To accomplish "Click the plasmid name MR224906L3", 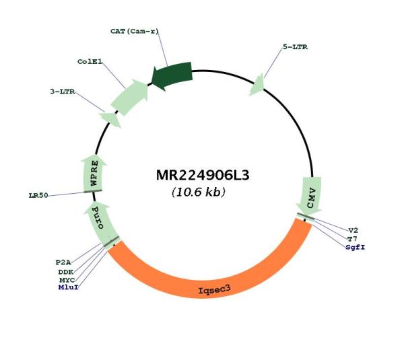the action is tap(203, 176).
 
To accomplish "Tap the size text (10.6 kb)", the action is tap(199, 192).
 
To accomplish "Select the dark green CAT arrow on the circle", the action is tap(172, 76).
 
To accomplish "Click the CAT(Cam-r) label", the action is tap(135, 32).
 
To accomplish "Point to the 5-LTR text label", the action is tap(296, 47).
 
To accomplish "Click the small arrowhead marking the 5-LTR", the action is tap(257, 85).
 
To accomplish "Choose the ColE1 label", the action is tap(90, 62).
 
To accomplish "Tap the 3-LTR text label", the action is tap(63, 92).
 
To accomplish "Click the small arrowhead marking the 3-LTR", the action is tap(111, 119).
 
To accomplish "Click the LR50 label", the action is tap(38, 195).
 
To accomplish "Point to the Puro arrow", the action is tap(100, 223).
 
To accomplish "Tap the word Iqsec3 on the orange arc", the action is tap(214, 290).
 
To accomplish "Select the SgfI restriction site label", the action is tap(356, 248).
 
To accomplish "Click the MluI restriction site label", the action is tap(68, 287).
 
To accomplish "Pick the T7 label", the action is tap(352, 239).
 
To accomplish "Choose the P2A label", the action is tap(63, 262).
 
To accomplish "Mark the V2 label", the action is tap(353, 231).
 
